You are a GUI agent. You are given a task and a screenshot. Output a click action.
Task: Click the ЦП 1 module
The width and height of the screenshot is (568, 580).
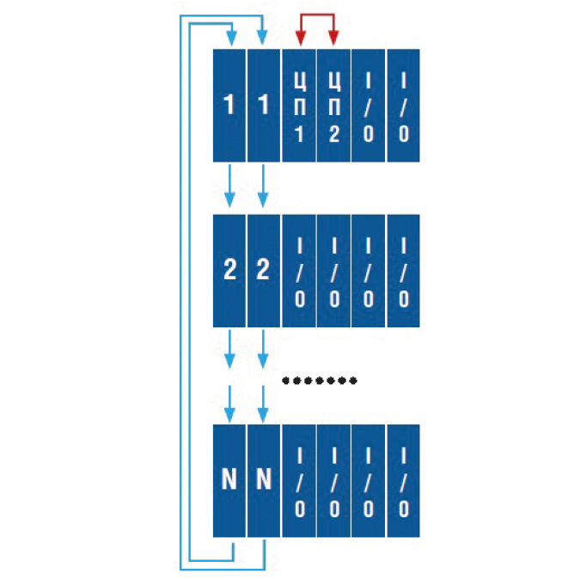tap(299, 106)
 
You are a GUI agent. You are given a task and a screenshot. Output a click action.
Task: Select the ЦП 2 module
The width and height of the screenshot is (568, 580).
tap(333, 106)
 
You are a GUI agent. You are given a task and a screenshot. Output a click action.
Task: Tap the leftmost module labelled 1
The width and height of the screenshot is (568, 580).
tap(229, 106)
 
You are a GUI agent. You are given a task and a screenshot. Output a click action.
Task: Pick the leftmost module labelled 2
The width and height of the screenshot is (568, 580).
tap(229, 271)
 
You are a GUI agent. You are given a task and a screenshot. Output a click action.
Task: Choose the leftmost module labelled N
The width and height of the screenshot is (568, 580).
tap(229, 480)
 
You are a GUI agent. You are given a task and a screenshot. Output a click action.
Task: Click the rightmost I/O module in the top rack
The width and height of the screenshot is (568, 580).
tap(403, 106)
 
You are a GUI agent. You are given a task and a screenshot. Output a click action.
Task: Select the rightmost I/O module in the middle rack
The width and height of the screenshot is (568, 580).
tap(403, 271)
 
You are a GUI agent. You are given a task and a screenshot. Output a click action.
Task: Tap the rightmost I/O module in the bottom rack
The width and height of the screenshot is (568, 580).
tap(403, 480)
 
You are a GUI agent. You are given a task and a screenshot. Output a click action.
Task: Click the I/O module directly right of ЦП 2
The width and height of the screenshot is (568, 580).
tap(368, 106)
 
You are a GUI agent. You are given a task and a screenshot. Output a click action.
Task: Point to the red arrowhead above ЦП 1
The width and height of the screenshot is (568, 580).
tap(301, 39)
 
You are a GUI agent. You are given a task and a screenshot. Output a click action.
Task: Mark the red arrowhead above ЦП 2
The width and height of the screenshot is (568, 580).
tap(333, 39)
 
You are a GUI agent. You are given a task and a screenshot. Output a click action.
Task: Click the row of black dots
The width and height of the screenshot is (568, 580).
tap(320, 381)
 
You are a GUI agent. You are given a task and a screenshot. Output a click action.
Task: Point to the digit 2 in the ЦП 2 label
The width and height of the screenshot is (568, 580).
tap(333, 134)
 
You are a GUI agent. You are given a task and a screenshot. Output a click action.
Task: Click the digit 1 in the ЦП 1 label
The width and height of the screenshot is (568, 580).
tap(299, 134)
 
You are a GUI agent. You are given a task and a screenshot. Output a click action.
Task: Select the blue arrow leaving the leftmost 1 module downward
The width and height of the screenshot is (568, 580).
tap(229, 186)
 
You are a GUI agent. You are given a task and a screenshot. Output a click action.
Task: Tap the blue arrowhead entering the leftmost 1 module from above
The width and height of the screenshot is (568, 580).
tap(232, 39)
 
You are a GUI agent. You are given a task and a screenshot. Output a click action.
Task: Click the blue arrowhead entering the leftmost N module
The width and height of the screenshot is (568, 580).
tap(229, 415)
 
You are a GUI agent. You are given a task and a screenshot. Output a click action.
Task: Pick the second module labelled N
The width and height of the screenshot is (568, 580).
tap(264, 480)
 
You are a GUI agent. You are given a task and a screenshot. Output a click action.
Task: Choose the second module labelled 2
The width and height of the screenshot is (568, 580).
tap(264, 271)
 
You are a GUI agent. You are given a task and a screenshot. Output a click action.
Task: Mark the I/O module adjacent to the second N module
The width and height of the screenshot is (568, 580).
tap(299, 480)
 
